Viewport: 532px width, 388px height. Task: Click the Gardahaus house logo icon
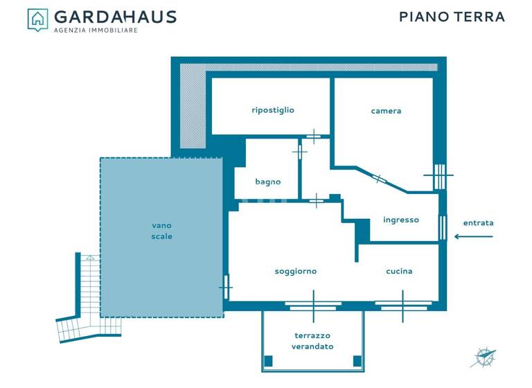(x=37, y=19)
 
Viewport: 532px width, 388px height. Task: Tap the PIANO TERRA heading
(x=452, y=17)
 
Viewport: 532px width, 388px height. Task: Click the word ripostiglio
(x=273, y=109)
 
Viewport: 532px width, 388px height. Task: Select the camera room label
(x=386, y=111)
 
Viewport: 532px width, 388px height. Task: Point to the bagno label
(x=268, y=182)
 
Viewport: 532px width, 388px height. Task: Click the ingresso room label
(x=401, y=220)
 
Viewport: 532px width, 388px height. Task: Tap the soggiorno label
(x=296, y=271)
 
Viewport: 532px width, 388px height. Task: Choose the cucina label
(x=399, y=271)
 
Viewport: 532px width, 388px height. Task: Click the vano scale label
(x=161, y=231)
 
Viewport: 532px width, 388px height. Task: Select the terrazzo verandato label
(x=312, y=341)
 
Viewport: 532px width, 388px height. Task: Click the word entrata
(x=479, y=222)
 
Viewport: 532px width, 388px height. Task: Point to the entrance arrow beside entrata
(x=474, y=236)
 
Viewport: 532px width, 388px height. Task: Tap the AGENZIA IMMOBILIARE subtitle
(x=96, y=30)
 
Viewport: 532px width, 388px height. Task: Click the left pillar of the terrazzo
(x=269, y=361)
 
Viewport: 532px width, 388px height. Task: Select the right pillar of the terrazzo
(x=357, y=361)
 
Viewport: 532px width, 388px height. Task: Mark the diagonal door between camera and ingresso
(x=380, y=179)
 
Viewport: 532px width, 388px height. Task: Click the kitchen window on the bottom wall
(x=403, y=303)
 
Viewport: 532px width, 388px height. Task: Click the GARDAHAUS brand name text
(x=115, y=17)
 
